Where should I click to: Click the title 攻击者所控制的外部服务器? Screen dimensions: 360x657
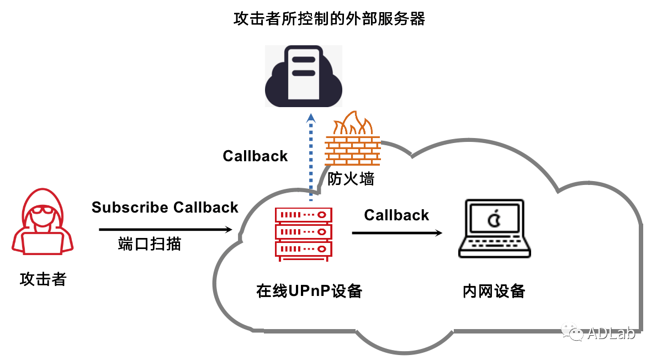[x=330, y=19]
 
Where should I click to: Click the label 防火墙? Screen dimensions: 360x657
[x=351, y=179]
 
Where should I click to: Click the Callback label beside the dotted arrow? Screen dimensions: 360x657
[x=255, y=156]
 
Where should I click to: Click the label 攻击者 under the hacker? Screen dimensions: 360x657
[x=43, y=279]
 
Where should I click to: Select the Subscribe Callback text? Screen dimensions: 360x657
[x=165, y=208]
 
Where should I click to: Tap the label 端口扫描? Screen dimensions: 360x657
[x=150, y=243]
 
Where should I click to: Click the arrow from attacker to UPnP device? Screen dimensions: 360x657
[x=165, y=229]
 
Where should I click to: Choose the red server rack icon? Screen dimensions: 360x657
[x=304, y=234]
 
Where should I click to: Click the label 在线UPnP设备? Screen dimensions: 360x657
[x=309, y=291]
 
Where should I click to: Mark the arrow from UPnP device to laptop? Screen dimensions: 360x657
[x=397, y=233]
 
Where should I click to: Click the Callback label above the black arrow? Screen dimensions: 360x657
[x=396, y=215]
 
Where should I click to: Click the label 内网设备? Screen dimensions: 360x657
[x=494, y=291]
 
